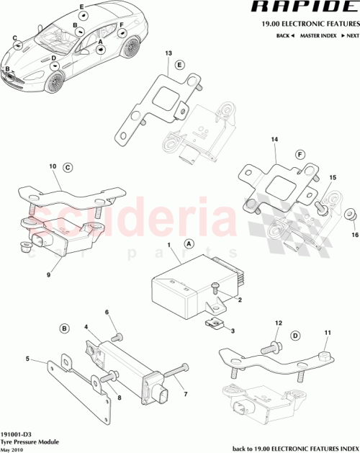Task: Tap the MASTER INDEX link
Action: (x=317, y=35)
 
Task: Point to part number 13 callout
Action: (x=168, y=54)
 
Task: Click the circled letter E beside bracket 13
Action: (x=181, y=65)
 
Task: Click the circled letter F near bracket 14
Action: (x=300, y=153)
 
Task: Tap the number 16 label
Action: (x=354, y=234)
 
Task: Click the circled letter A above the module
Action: (x=189, y=244)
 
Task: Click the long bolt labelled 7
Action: (x=177, y=374)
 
